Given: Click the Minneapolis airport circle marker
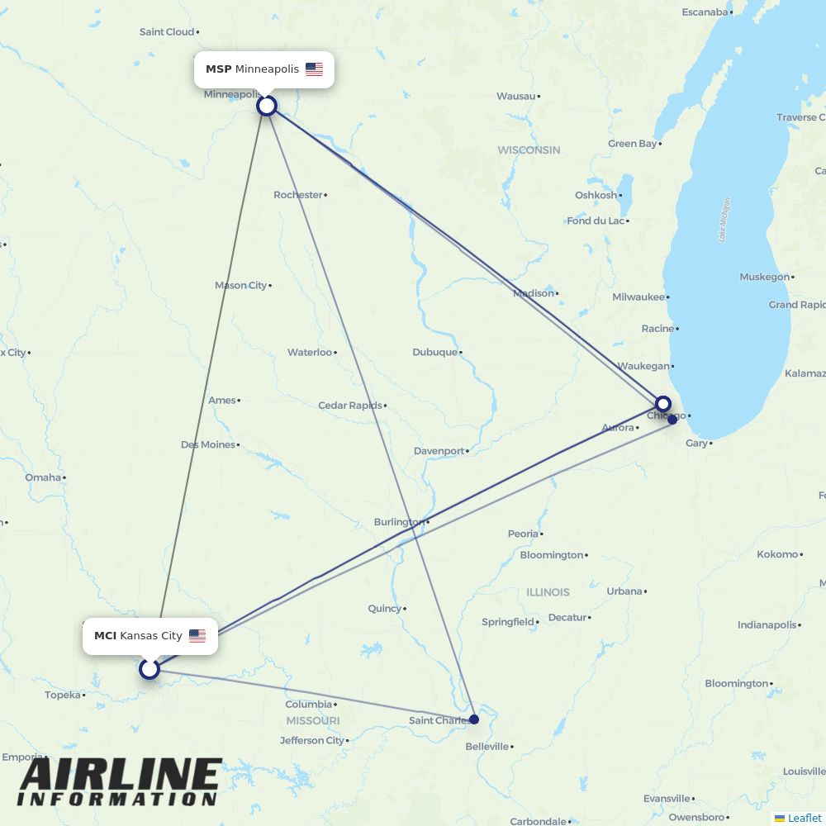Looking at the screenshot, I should pos(266,106).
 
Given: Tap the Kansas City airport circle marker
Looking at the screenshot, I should pos(149,668).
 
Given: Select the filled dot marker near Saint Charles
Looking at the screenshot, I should pos(474,719).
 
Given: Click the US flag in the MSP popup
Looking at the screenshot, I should pos(314,69).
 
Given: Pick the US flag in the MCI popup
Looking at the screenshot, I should pos(197,636).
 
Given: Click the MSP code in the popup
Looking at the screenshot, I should pos(218,69).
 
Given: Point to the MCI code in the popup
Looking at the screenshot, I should pos(105,636).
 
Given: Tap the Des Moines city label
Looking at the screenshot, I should pos(208,444).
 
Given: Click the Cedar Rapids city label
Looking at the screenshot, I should pos(350,406).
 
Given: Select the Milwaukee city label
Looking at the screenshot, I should pos(638,297).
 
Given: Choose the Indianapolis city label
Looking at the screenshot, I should pos(767,625).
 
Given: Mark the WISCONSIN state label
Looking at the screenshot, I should pos(529,150).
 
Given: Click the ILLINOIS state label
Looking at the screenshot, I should pos(548,592).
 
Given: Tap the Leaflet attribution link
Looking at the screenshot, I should pos(804,819).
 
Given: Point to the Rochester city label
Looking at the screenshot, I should pos(298,195).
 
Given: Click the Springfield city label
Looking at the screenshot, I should pos(507,622).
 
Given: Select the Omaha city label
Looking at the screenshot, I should pos(43,477).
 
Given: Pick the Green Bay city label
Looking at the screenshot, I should pos(633,144).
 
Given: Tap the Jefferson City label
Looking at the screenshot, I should pos(311,740).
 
